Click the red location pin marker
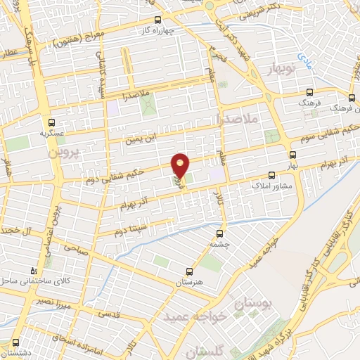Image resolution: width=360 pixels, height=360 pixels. click(181, 166)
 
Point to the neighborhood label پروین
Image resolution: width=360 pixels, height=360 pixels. click(65, 151)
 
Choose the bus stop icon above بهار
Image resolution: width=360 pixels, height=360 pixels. click(292, 154)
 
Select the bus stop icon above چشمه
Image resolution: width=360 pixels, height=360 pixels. click(221, 233)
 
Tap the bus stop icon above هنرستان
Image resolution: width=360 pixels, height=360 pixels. click(188, 271)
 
